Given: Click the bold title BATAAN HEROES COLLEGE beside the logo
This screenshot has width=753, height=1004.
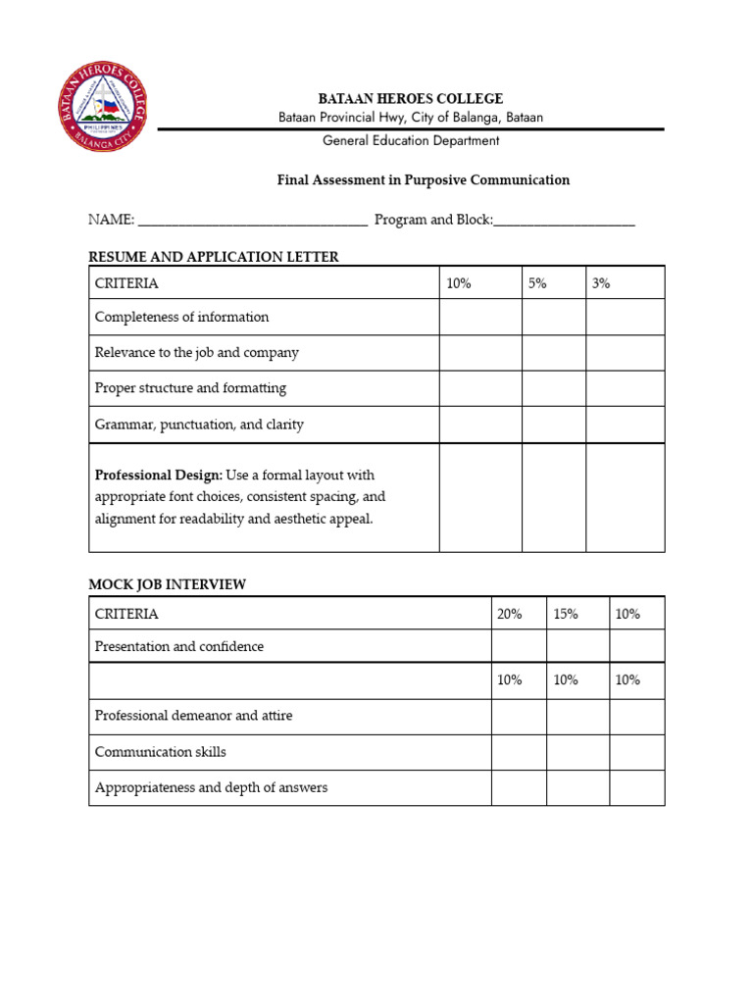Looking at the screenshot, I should click(x=411, y=98).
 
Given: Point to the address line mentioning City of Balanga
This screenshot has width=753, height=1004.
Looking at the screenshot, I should click(x=411, y=118).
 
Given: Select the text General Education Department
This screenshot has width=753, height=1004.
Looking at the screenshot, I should click(x=411, y=140).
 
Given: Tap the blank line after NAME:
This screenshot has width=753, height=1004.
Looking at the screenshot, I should click(x=252, y=222).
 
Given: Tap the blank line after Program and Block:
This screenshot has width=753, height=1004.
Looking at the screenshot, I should click(x=564, y=222).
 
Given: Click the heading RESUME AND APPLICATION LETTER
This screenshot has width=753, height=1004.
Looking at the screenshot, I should click(x=214, y=257).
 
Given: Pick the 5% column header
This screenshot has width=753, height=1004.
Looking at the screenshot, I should click(x=537, y=283).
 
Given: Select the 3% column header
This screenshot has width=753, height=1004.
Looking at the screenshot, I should click(x=600, y=283).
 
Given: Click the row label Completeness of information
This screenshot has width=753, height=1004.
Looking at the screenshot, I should click(x=181, y=318).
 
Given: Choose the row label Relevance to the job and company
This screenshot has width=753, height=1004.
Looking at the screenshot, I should click(x=196, y=353).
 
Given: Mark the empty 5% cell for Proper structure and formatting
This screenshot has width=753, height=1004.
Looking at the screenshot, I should click(x=553, y=388).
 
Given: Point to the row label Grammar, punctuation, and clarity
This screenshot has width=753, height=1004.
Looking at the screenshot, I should click(x=199, y=425).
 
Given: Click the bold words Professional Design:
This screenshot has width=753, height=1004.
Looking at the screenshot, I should click(x=159, y=476).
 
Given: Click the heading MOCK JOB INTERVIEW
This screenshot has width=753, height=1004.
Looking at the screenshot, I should click(x=168, y=584).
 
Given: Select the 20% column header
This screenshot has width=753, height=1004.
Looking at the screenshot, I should click(x=510, y=614).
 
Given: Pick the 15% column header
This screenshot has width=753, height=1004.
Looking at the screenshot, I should click(x=566, y=614).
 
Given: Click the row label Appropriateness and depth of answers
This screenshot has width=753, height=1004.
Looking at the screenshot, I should click(x=211, y=787).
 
